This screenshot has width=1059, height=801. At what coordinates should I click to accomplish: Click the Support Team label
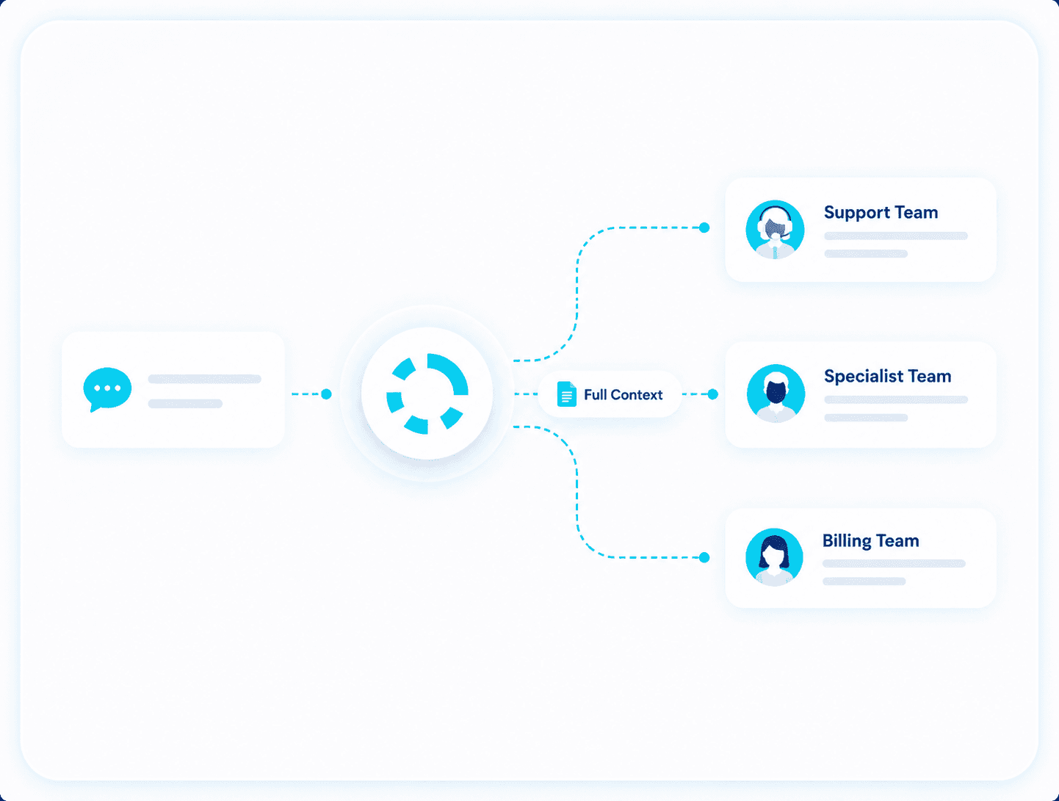pos(881,213)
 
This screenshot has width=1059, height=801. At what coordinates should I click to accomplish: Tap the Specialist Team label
pos(887,376)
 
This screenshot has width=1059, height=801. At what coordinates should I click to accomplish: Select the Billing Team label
pos(870,541)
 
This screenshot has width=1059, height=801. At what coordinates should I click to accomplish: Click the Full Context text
pos(623,395)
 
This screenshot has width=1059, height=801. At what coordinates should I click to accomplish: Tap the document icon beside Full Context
pos(566,394)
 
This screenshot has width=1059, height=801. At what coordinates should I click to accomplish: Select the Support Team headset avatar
pos(775,230)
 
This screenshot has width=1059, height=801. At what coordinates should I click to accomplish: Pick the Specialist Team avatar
pos(776,394)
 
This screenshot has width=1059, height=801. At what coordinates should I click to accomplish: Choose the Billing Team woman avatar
pos(774,557)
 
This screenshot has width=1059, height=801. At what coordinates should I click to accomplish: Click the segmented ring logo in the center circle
pos(427,394)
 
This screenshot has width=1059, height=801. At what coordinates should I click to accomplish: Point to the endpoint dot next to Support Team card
pos(704,228)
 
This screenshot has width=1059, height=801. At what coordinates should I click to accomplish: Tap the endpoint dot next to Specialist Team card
pos(712,394)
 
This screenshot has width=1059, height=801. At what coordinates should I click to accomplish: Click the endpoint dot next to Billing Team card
pos(704,557)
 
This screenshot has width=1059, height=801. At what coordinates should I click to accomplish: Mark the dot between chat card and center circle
pos(327,394)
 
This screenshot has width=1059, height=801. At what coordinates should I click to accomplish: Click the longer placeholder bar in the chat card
pos(205,379)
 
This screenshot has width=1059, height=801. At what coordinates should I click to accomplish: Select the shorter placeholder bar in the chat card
pos(185,404)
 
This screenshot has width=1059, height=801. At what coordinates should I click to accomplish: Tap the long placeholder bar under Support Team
pos(896,236)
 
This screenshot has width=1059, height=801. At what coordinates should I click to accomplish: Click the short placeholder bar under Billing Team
pos(864,581)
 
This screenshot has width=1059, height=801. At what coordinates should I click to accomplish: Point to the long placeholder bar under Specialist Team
pos(896,400)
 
